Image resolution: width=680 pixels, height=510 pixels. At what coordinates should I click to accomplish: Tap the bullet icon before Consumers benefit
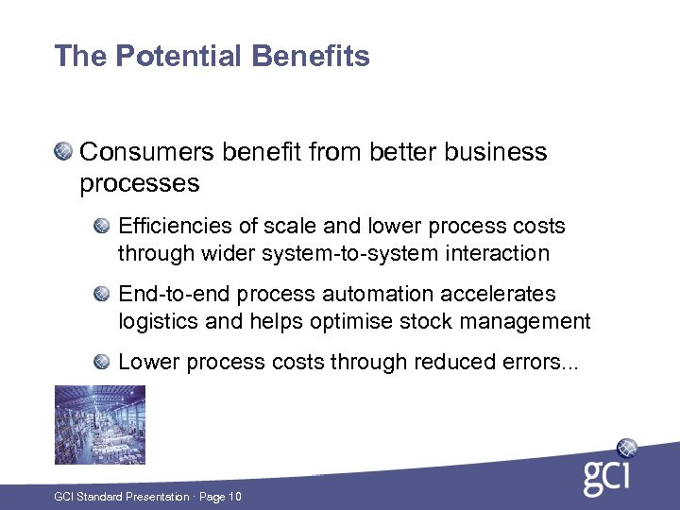63,151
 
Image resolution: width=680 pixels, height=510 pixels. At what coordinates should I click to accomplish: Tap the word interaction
502,253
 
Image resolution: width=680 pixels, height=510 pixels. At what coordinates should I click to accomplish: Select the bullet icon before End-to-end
102,294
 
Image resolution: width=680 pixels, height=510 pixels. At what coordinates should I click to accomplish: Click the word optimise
348,321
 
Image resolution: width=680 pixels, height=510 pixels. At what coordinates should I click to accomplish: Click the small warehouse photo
86,425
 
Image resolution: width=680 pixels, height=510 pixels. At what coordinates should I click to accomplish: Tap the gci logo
610,468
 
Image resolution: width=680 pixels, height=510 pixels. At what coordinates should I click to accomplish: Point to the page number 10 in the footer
234,497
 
